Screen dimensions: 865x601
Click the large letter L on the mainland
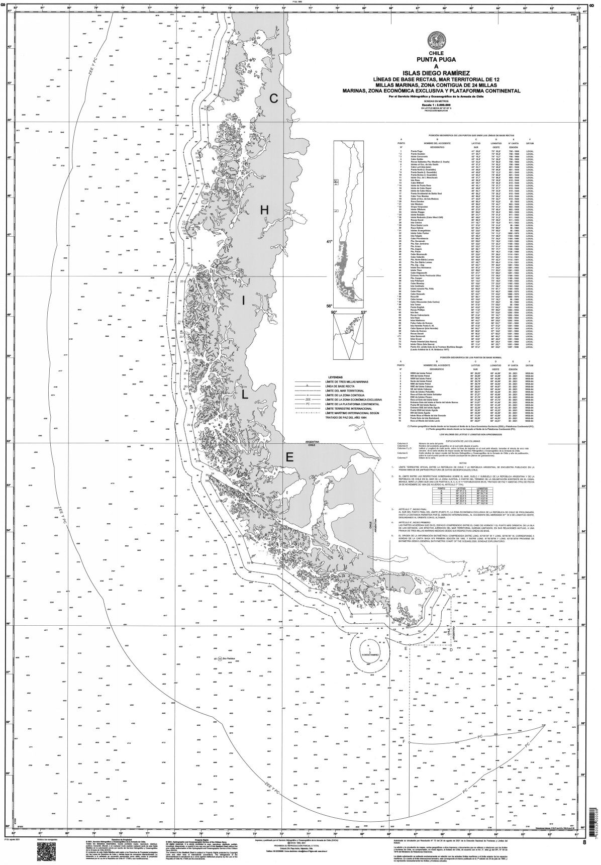click(x=245, y=395)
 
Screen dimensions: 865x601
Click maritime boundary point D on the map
click(x=451, y=649)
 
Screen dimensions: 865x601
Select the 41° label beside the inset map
click(x=330, y=242)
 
